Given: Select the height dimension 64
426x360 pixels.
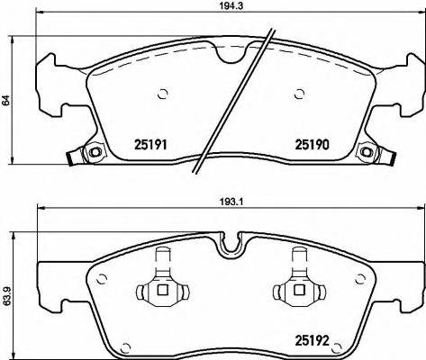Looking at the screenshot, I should click(5, 103).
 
